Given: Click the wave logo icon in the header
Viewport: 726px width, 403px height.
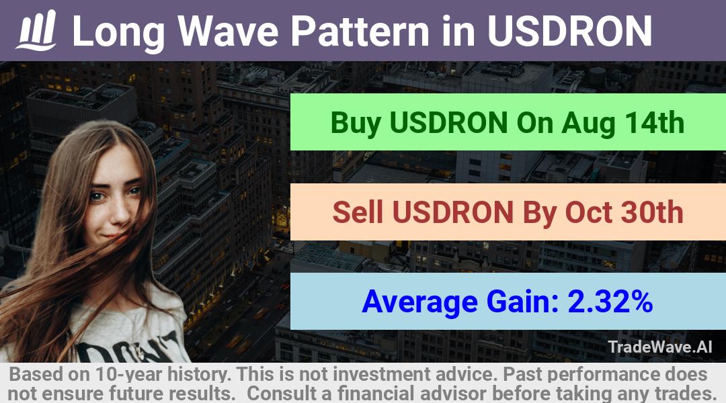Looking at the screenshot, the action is tap(36, 30).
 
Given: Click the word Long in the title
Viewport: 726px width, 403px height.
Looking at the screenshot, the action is tap(118, 32).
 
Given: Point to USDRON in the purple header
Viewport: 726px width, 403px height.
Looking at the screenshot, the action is tap(570, 31).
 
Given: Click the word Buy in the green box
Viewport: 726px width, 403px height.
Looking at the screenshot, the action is tap(356, 124).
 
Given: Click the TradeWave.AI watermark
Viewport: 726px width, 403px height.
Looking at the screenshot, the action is tap(660, 347).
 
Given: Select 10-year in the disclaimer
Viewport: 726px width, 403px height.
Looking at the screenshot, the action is tap(127, 375).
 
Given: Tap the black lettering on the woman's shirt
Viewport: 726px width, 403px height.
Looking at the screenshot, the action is tap(125, 348).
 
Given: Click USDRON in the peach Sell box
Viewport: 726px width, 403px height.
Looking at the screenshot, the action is tap(453, 212).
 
